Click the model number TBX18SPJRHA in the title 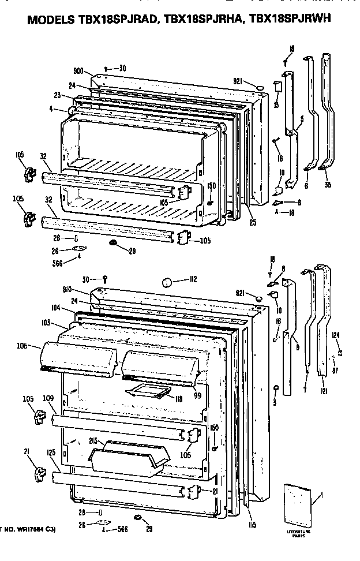[x=211, y=20]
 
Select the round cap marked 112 [x=166, y=283]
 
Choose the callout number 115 [x=253, y=525]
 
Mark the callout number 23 [x=58, y=95]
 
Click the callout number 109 [x=48, y=398]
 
